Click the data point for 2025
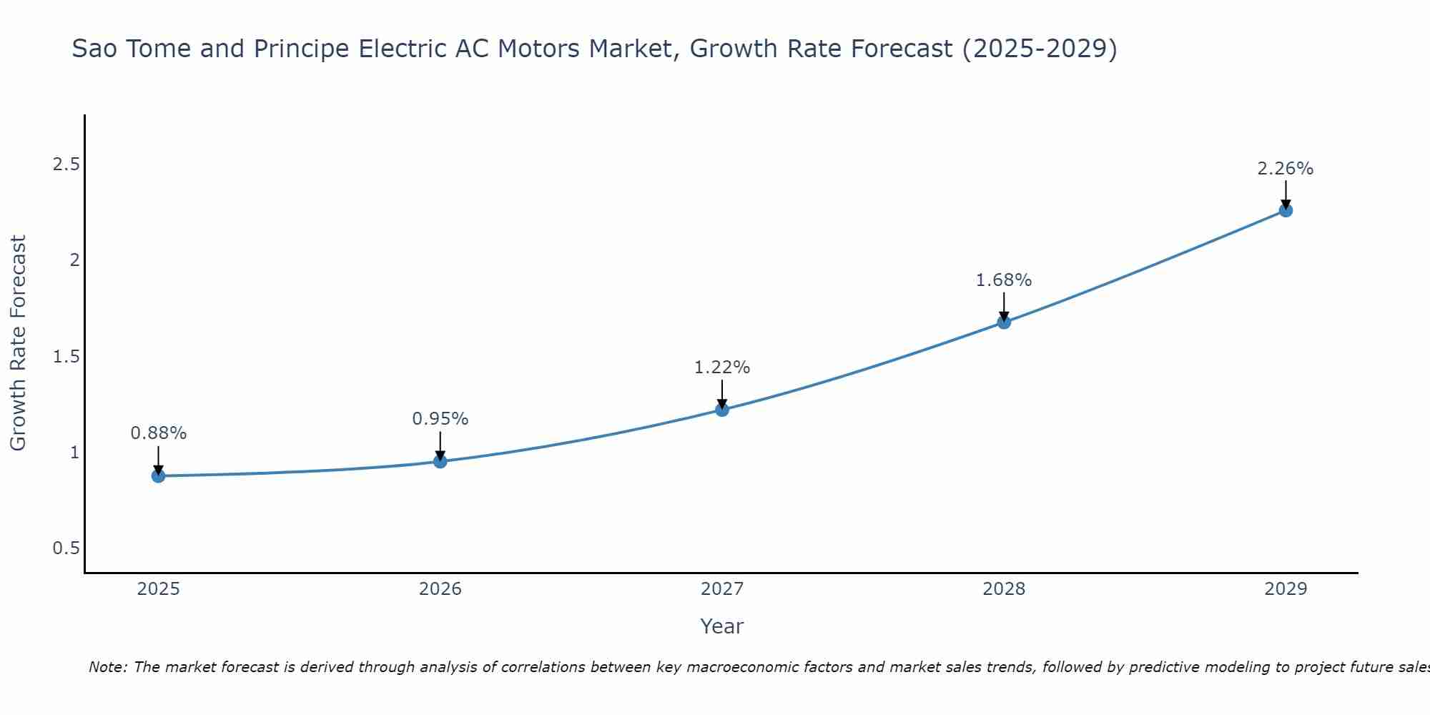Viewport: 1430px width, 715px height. coord(158,475)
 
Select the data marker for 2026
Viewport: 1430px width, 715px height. coord(440,461)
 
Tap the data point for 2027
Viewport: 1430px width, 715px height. coord(722,409)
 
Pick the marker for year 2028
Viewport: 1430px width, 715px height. coord(1004,322)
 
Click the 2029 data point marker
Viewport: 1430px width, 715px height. coord(1286,210)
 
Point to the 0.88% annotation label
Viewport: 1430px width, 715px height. coord(159,433)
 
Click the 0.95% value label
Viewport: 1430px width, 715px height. coord(440,419)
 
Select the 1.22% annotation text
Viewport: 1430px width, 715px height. coord(722,368)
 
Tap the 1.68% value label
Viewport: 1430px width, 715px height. coord(1004,280)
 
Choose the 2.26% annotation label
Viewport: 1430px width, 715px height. coord(1286,169)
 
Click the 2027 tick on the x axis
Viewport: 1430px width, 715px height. coord(722,589)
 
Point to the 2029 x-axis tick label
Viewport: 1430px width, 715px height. coord(1286,589)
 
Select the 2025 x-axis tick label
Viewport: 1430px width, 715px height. coord(158,589)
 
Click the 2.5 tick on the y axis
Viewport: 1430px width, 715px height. coord(66,164)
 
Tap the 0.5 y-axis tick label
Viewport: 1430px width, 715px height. coord(66,548)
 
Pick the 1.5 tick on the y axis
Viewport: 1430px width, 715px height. coord(66,356)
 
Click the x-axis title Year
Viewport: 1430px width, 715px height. coord(722,626)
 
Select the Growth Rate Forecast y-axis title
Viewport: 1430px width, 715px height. coord(19,343)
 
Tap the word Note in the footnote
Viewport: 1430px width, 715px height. coord(107,667)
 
